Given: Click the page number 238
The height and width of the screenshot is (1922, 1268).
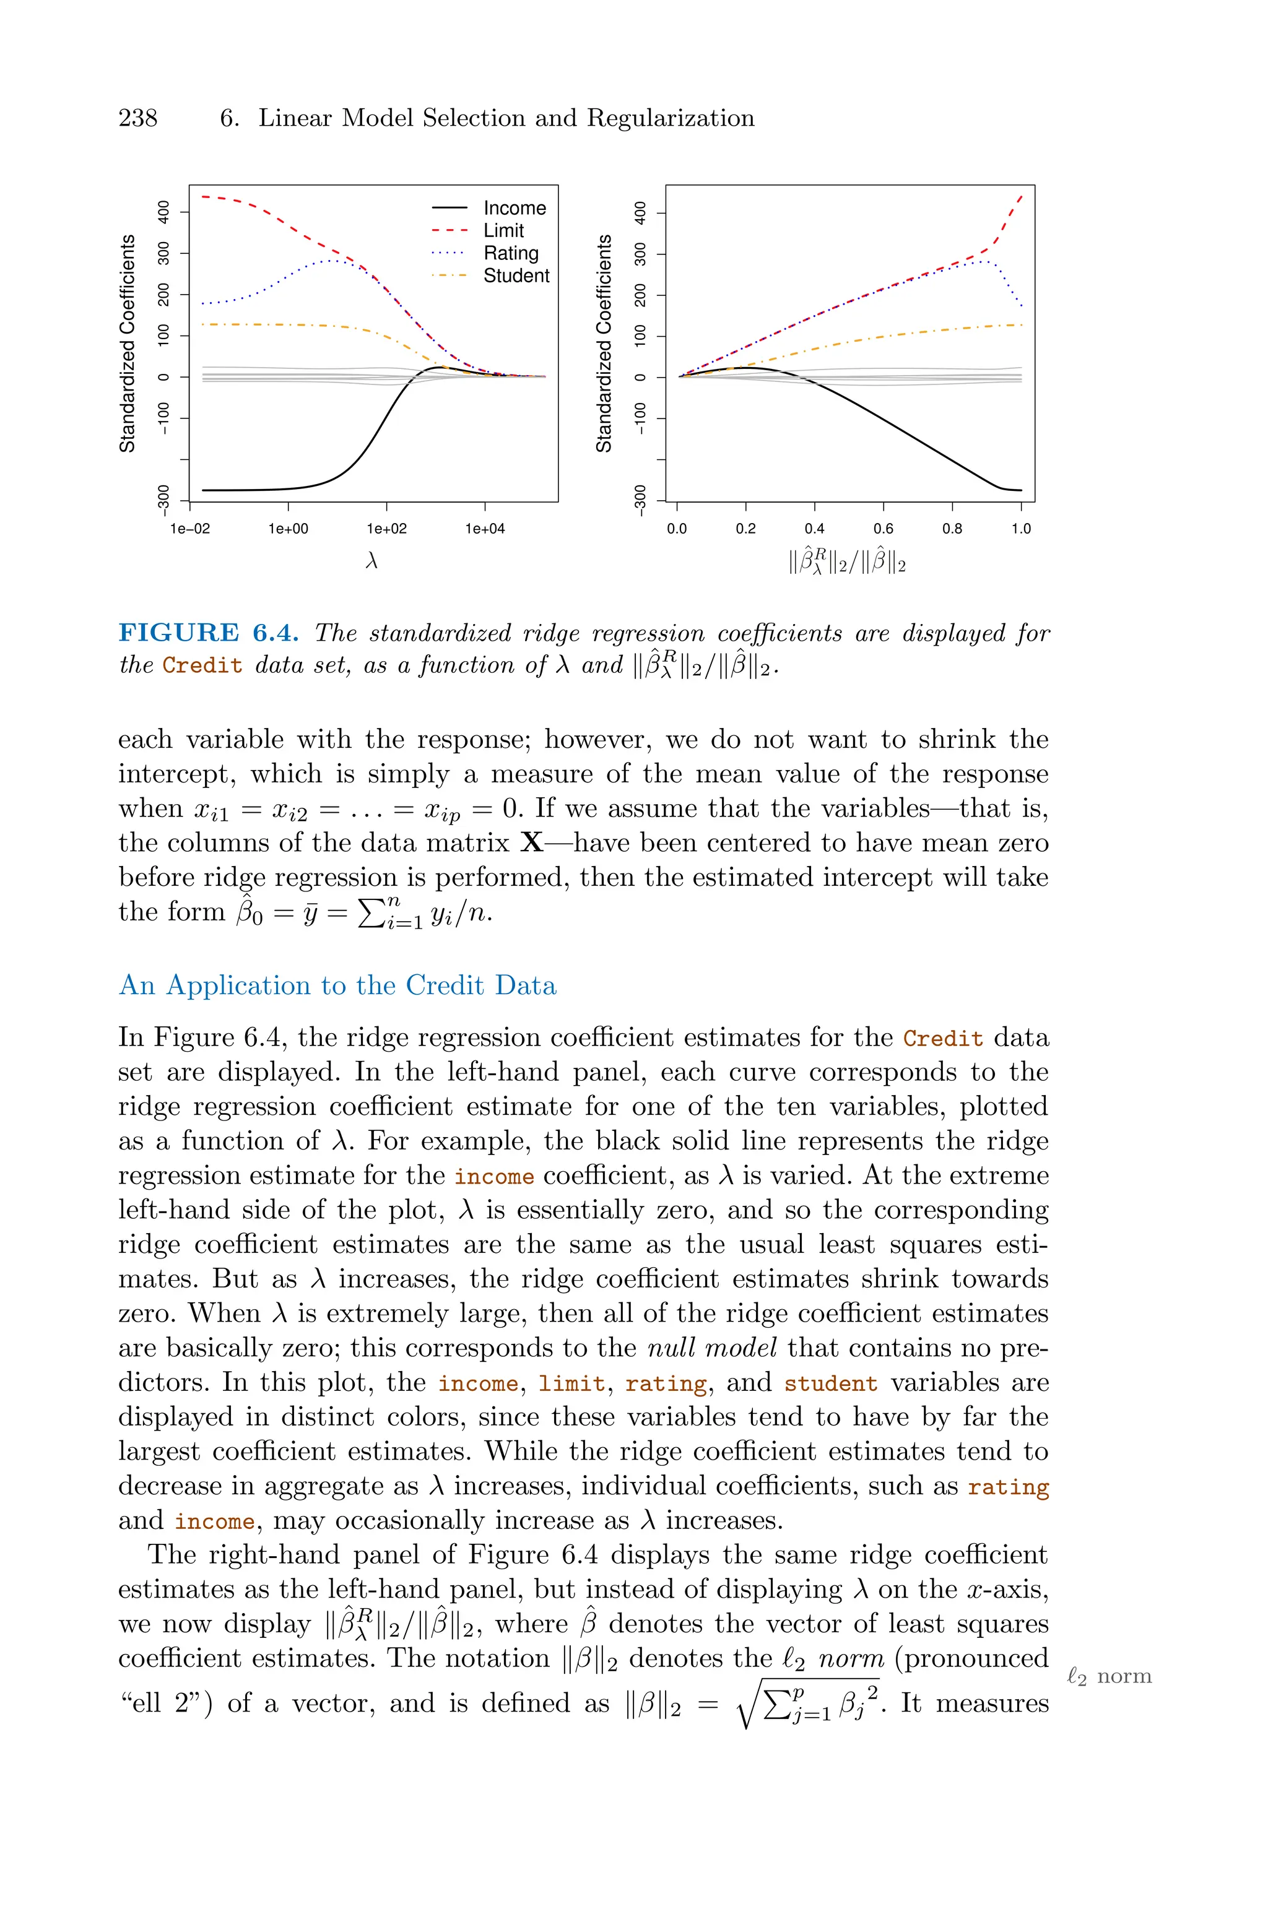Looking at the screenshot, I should tap(137, 119).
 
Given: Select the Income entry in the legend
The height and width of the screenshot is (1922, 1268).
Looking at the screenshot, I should tap(515, 209).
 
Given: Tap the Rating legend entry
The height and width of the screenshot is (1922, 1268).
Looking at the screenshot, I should tap(510, 253).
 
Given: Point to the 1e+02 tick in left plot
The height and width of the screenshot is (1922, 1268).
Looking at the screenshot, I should tap(386, 529).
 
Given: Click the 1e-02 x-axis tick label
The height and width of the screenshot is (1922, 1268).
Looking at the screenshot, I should tap(189, 529).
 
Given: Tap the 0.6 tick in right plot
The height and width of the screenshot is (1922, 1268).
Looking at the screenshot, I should tap(883, 529).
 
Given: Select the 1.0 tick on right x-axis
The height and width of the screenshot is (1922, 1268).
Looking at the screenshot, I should tap(1020, 529).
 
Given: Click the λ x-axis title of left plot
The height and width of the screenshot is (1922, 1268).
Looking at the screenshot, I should tap(371, 561).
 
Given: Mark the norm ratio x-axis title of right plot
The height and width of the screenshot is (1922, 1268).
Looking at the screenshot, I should tap(847, 561).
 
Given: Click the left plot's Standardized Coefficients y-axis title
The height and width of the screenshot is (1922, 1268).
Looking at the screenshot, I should tap(128, 344).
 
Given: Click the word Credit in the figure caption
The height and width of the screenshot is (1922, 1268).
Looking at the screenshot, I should tap(202, 666).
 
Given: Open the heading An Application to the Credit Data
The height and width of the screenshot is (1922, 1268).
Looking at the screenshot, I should tap(337, 985).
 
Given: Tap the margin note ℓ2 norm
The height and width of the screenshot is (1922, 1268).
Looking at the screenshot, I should tap(1109, 1677).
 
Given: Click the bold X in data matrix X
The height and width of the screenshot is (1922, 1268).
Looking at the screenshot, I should tap(532, 843).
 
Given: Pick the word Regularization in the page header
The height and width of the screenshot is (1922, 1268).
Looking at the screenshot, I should tap(671, 119).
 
